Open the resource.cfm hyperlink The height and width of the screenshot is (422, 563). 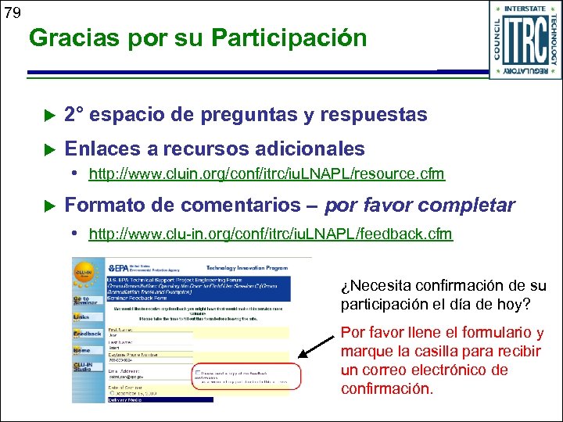pyautogui.click(x=267, y=173)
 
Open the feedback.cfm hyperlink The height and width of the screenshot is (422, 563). pyautogui.click(x=271, y=234)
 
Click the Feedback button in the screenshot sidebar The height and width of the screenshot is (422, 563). pyautogui.click(x=86, y=334)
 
